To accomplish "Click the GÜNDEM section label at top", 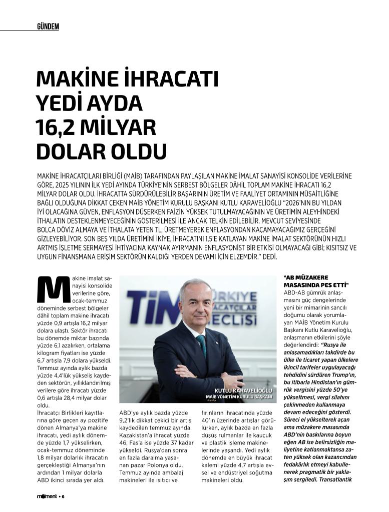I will (x=48, y=26).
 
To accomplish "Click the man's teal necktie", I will (x=202, y=344).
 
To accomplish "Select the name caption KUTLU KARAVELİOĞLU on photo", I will (x=243, y=390).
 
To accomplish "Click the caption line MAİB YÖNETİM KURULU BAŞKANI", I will (x=239, y=397).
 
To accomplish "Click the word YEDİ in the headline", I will (x=61, y=103).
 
